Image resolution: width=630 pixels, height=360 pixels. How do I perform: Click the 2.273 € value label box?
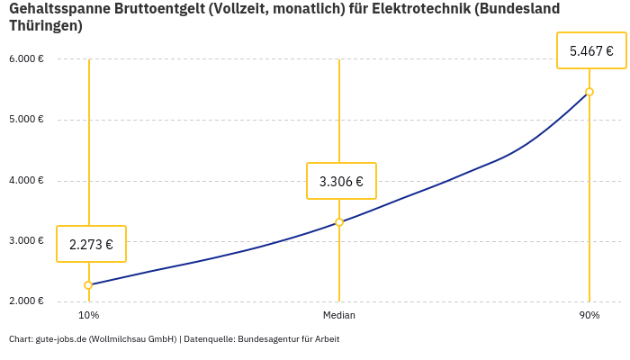91,244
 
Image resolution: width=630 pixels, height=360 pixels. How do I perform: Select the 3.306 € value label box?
341,181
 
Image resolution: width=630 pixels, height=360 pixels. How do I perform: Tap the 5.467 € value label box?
591,51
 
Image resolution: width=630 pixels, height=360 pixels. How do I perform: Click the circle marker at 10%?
88,285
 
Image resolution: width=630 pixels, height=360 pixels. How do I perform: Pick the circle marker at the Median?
339,222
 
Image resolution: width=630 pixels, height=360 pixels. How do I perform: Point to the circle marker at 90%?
589,92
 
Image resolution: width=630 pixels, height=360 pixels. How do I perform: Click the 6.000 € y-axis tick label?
26,59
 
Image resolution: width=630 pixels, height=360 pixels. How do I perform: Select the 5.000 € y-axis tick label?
26,120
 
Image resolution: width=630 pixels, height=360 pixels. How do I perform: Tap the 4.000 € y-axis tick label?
26,180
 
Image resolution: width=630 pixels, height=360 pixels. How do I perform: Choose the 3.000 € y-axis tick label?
26,241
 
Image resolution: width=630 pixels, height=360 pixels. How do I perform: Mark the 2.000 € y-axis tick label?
26,301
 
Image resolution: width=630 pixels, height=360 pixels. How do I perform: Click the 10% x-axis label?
88,316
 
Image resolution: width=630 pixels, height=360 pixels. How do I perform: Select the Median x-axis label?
339,316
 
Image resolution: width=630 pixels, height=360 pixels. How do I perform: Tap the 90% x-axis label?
589,316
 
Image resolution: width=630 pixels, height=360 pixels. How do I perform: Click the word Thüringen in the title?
45,26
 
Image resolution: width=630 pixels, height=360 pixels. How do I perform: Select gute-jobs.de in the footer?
60,339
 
